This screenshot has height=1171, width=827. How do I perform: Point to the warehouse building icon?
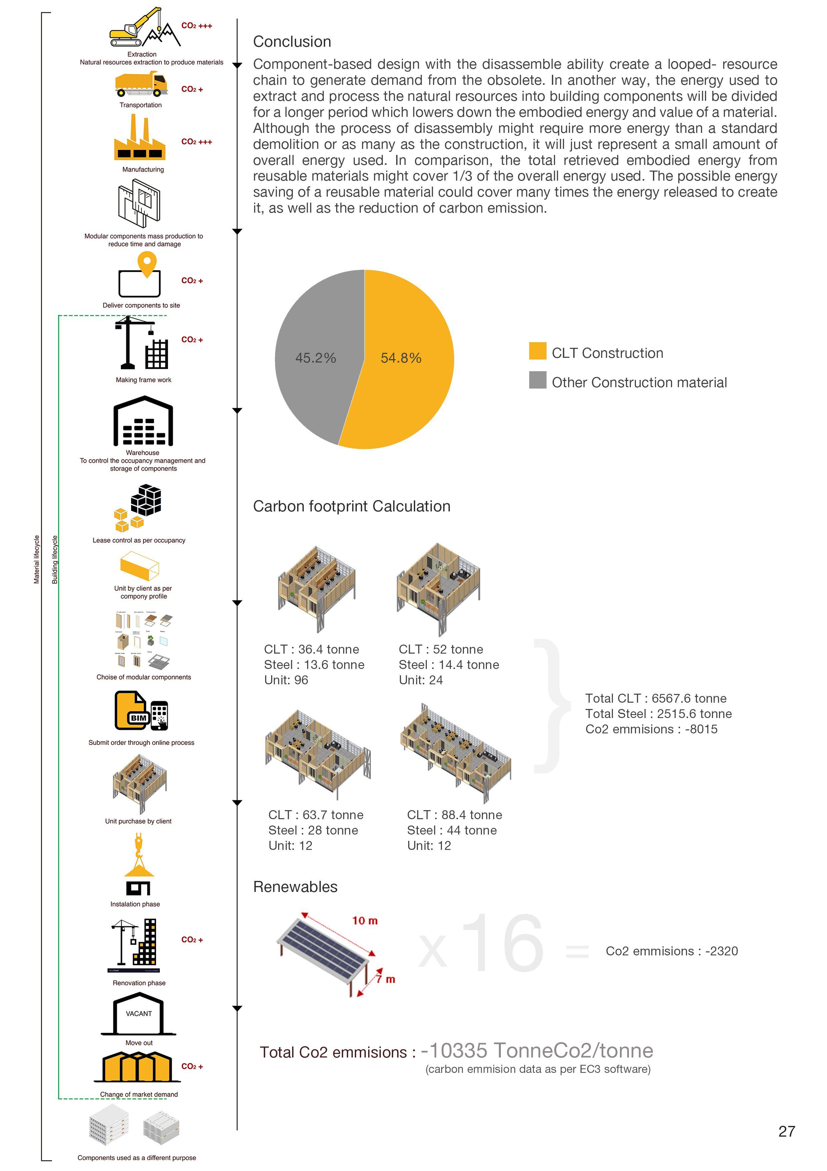[143, 422]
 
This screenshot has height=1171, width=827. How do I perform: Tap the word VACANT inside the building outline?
[139, 1013]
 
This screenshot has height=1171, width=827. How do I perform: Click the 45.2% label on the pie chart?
[315, 358]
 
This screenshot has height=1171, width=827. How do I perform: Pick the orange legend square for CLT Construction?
[537, 351]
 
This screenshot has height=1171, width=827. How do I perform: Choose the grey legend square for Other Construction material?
[537, 380]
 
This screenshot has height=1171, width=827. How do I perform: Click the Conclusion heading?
[292, 42]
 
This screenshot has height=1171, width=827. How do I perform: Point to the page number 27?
[786, 1131]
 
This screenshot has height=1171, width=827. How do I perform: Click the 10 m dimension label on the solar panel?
[365, 921]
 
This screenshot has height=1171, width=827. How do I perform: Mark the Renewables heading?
[295, 887]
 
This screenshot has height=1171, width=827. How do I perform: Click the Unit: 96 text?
[286, 680]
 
